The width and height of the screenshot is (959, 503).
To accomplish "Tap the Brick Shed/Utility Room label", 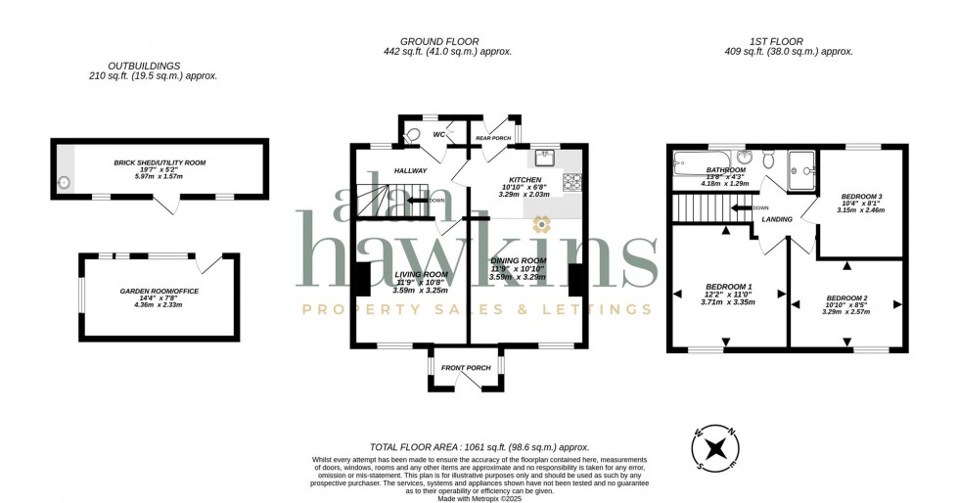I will pyautogui.click(x=160, y=162).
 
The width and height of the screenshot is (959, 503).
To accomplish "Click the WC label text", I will pyautogui.click(x=438, y=134).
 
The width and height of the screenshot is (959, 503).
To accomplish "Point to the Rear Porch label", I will pyautogui.click(x=493, y=138).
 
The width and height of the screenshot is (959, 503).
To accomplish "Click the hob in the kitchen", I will pyautogui.click(x=571, y=182).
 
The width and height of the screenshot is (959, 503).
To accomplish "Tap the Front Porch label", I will pyautogui.click(x=466, y=368).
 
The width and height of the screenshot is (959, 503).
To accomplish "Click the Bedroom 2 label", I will pyautogui.click(x=846, y=297).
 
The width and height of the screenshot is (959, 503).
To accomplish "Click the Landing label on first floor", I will pyautogui.click(x=776, y=220).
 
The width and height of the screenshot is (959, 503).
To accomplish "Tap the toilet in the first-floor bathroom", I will pyautogui.click(x=770, y=160).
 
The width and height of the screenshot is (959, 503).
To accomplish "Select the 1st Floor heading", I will pyautogui.click(x=776, y=41).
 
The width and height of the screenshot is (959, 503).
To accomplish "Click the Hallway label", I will pyautogui.click(x=410, y=170).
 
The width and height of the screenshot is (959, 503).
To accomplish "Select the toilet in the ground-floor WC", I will pyautogui.click(x=413, y=135).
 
